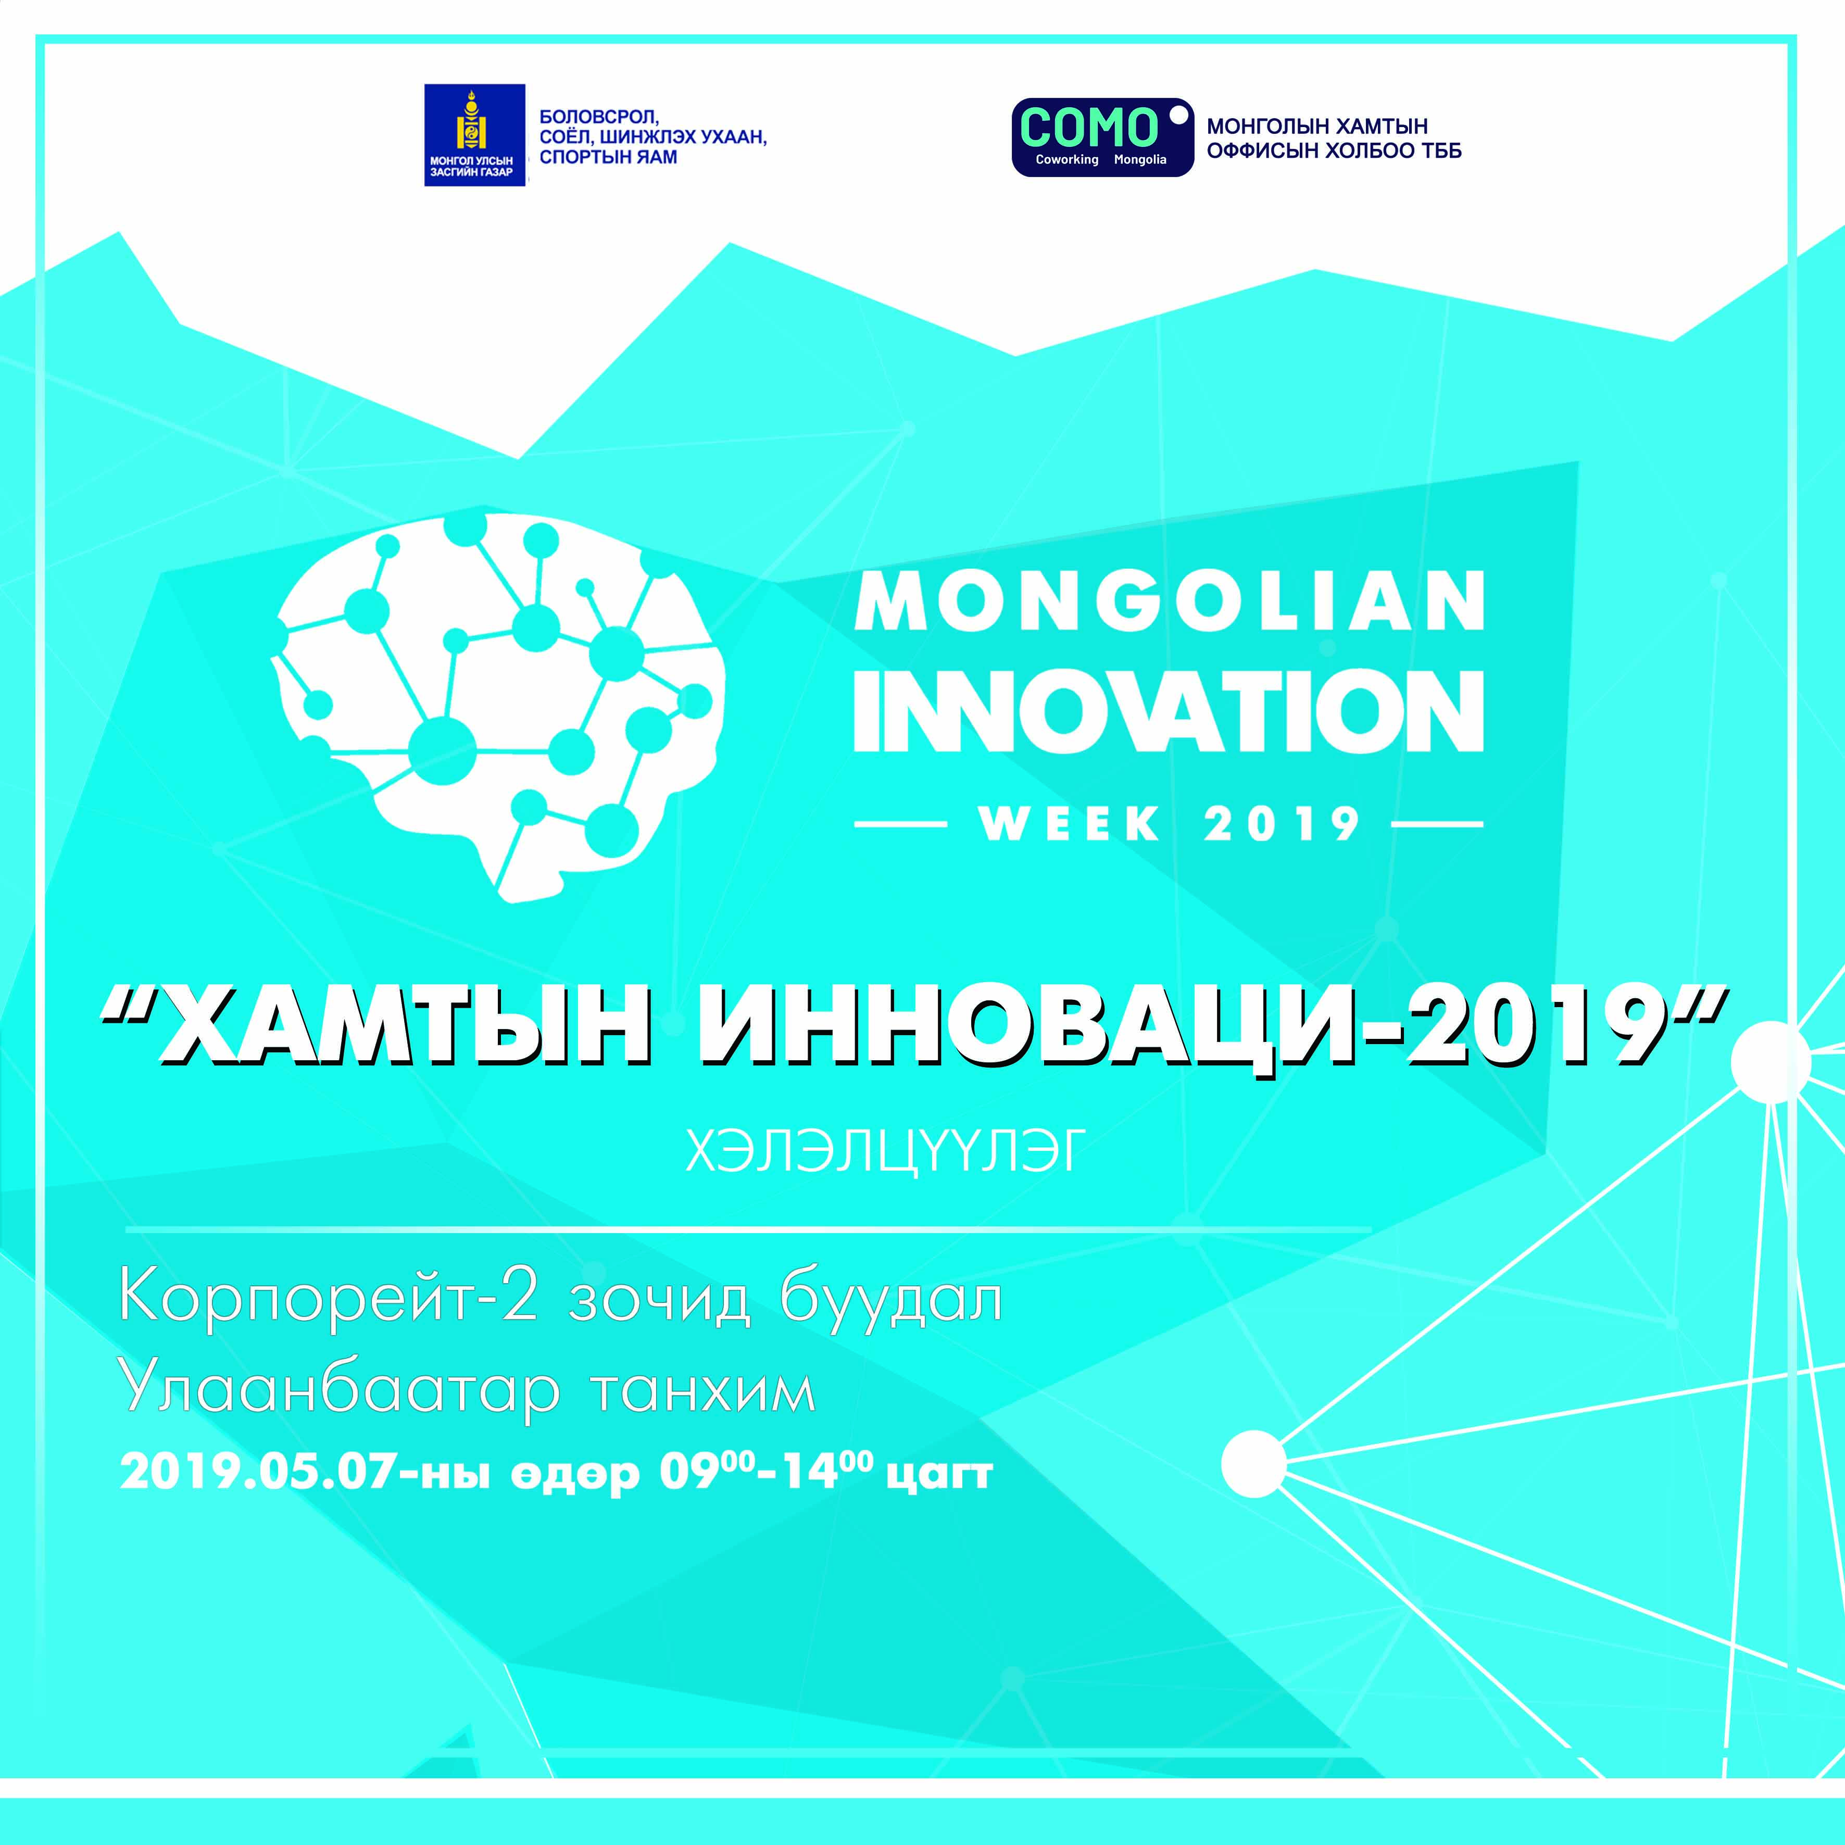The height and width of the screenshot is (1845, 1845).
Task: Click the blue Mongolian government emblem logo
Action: [474, 135]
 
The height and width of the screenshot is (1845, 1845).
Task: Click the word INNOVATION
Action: [1169, 710]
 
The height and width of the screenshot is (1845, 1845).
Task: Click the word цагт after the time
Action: [940, 1475]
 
